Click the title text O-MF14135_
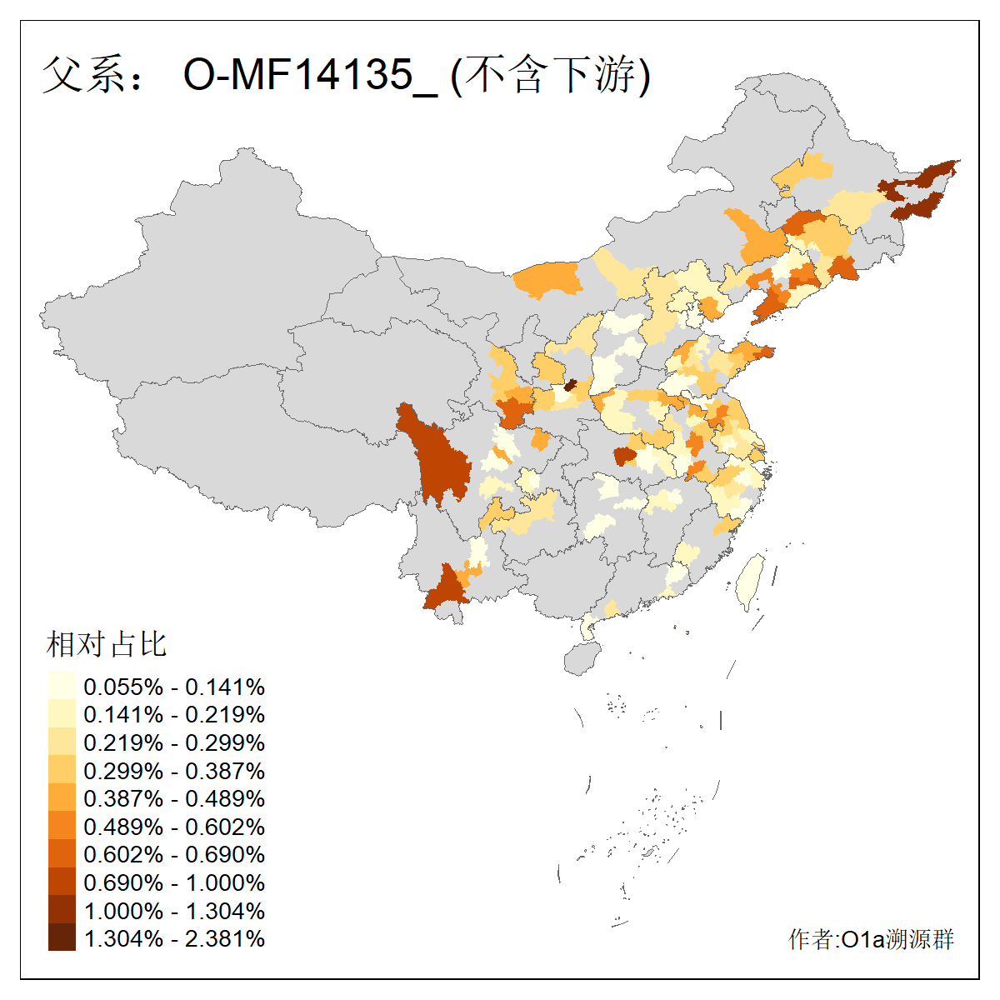[310, 75]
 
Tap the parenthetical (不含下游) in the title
[550, 75]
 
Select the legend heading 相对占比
[107, 644]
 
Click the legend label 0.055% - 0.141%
[174, 687]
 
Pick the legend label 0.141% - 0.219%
[174, 715]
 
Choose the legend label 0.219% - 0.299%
[174, 743]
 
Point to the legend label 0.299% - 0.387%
[174, 771]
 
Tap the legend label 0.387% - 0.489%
[174, 799]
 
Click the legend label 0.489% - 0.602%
[174, 827]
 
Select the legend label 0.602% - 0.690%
[174, 855]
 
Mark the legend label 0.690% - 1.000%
[174, 883]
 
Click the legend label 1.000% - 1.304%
[174, 911]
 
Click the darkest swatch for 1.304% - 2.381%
[62, 938]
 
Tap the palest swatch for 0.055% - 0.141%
[62, 687]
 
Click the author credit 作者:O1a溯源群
[871, 940]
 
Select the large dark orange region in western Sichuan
[433, 454]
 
